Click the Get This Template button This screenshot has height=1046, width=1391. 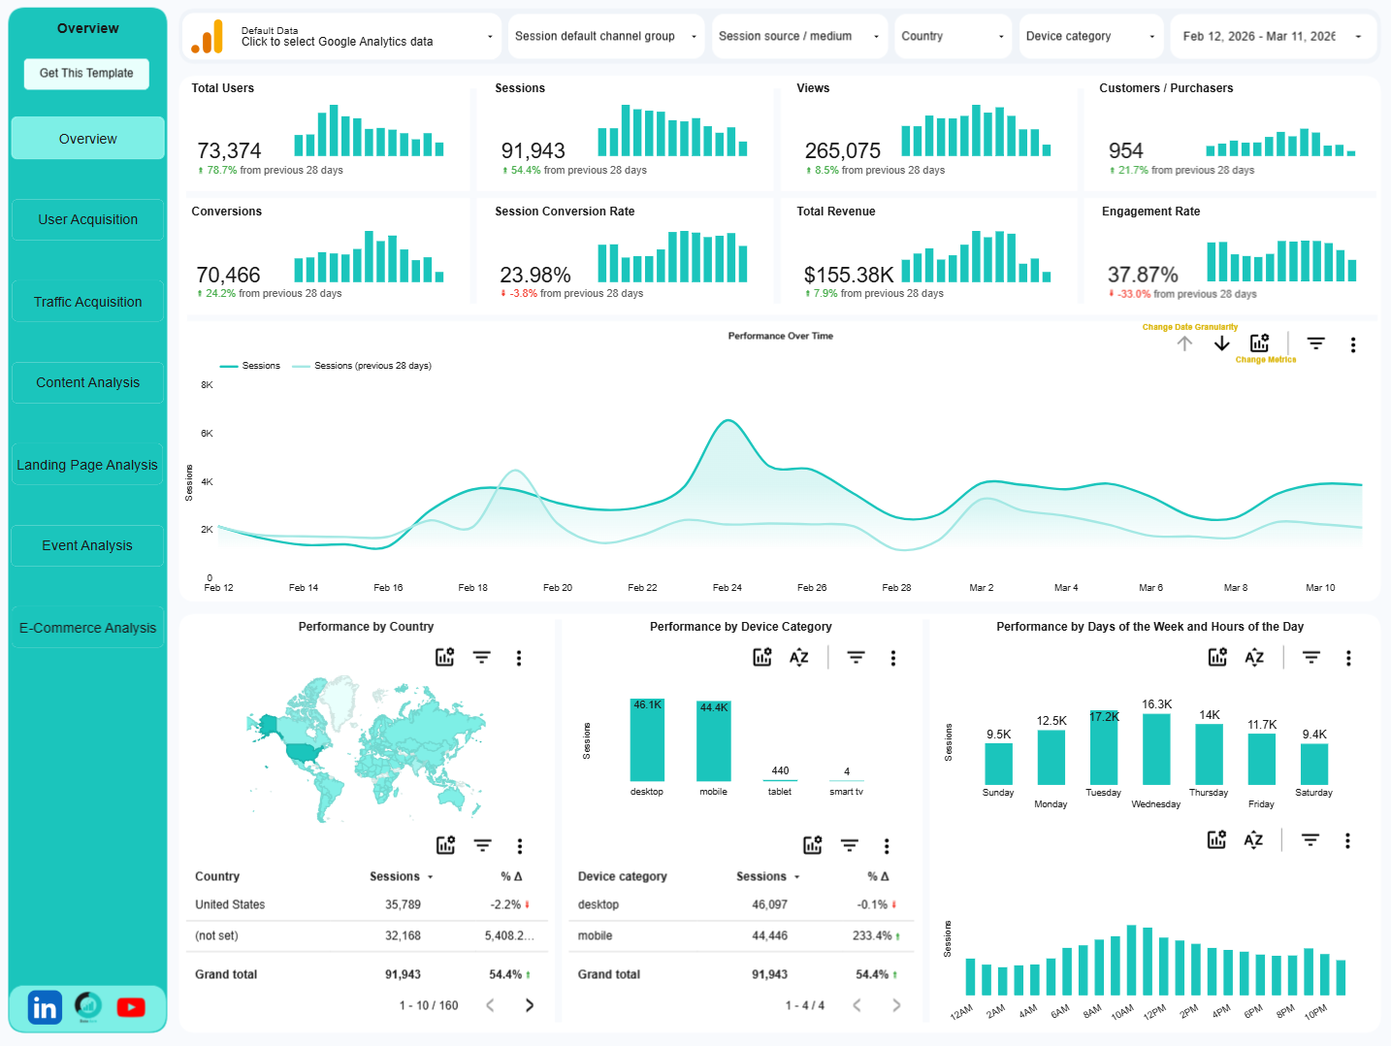[86, 74]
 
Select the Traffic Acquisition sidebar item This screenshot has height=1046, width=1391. [87, 302]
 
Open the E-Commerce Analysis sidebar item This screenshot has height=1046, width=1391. [87, 628]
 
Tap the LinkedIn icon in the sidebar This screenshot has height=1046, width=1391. [45, 1008]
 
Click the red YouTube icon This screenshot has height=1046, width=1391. [131, 1007]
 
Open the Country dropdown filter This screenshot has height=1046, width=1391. [953, 37]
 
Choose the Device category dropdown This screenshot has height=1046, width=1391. [1090, 37]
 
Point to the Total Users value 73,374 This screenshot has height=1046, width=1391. [229, 151]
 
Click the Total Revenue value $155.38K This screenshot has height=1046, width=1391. [849, 276]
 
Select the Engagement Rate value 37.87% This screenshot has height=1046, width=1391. [1143, 276]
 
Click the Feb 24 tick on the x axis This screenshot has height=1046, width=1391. [727, 588]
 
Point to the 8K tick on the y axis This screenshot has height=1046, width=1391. [207, 385]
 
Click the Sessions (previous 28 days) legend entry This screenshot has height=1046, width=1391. [372, 366]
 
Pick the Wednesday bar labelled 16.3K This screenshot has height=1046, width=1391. [1156, 749]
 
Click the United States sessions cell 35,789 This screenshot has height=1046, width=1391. [403, 904]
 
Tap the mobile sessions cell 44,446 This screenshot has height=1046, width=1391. [769, 936]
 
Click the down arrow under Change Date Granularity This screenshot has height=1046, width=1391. [1221, 343]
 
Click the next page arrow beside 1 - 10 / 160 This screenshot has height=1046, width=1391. [530, 1005]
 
